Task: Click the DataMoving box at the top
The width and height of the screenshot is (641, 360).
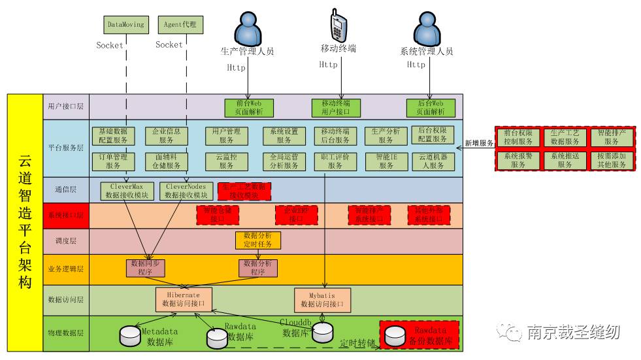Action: tap(125, 25)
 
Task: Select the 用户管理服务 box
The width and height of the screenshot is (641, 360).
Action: tap(227, 135)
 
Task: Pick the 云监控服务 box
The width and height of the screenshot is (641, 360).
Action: tap(227, 161)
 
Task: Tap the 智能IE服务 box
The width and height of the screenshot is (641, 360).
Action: tap(386, 161)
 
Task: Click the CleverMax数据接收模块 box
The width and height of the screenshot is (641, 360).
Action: tap(127, 191)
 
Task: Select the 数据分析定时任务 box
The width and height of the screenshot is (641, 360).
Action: tap(258, 240)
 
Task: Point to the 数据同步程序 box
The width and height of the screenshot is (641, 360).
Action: tap(146, 268)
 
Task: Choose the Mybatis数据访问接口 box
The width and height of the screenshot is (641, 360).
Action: tap(322, 299)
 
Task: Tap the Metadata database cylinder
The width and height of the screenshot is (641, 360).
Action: tap(130, 336)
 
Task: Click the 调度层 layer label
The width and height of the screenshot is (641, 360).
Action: tap(66, 241)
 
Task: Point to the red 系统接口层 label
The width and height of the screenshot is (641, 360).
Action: tap(66, 215)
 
